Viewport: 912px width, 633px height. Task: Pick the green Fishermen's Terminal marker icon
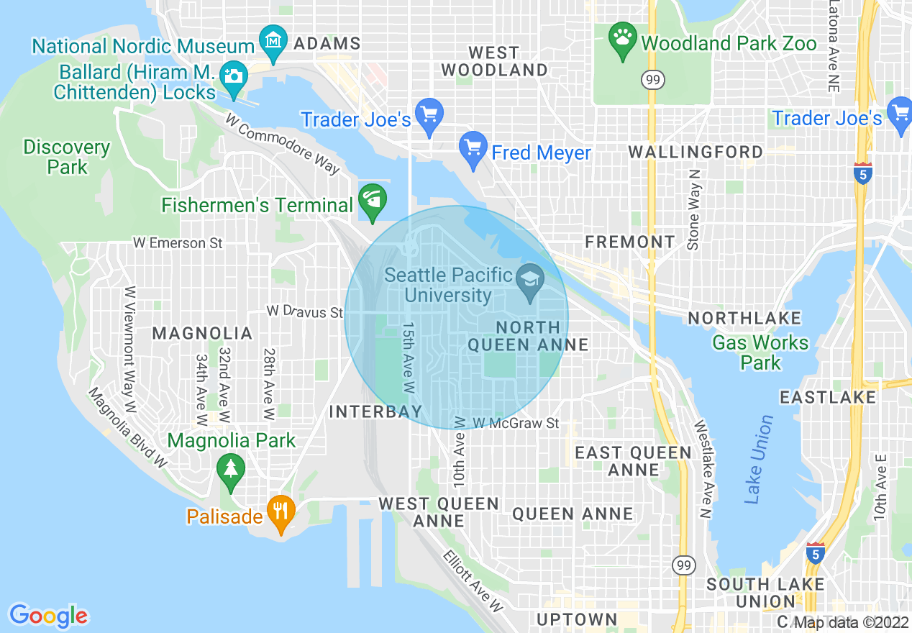click(373, 201)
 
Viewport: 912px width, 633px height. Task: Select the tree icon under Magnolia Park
click(230, 469)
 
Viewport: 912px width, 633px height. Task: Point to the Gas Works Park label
click(760, 352)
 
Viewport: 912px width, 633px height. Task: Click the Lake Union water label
click(758, 459)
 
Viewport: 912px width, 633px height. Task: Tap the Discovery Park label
click(67, 157)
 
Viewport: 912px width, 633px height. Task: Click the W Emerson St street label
click(178, 243)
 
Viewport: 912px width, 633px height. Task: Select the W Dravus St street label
click(304, 311)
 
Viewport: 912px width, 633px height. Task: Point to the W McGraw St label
click(516, 423)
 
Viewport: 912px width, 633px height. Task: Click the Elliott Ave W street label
click(473, 581)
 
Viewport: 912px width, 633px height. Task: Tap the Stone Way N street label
click(693, 209)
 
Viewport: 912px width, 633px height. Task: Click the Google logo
click(49, 615)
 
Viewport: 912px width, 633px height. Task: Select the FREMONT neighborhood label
click(630, 242)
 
